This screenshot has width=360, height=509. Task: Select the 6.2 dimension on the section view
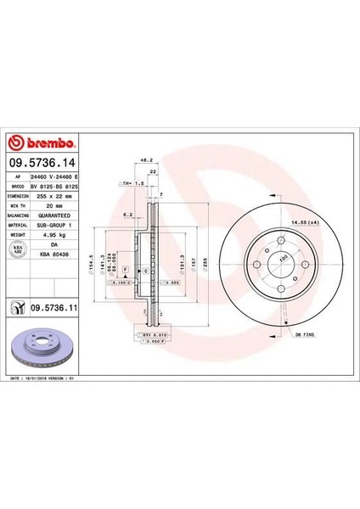click(128, 215)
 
